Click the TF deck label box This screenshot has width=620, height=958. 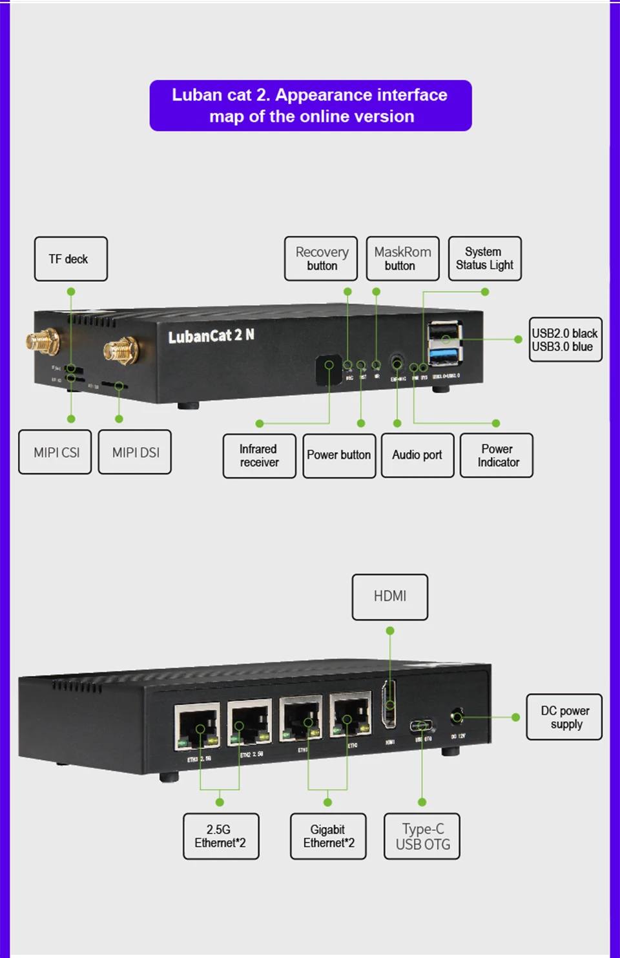[x=71, y=259]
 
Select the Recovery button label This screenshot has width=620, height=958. [x=321, y=259]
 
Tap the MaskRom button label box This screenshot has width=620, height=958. [x=402, y=259]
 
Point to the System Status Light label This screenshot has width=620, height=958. [x=484, y=259]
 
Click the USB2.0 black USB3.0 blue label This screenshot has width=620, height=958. [x=565, y=339]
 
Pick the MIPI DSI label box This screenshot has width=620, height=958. [x=135, y=452]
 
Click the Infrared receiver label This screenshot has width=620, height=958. [x=259, y=455]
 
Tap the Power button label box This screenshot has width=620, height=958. [x=339, y=455]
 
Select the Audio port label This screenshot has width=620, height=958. [x=417, y=455]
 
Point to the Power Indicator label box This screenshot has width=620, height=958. [x=497, y=455]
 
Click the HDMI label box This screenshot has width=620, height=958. [x=390, y=597]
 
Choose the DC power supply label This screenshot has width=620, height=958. [x=564, y=717]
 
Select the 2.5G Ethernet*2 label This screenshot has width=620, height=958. [x=221, y=836]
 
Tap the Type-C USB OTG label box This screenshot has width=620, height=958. [x=422, y=836]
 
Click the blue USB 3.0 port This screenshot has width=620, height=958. [x=444, y=355]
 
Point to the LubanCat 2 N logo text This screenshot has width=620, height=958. [x=211, y=335]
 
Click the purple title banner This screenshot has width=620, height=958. [x=311, y=106]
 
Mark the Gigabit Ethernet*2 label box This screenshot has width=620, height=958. [x=328, y=836]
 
